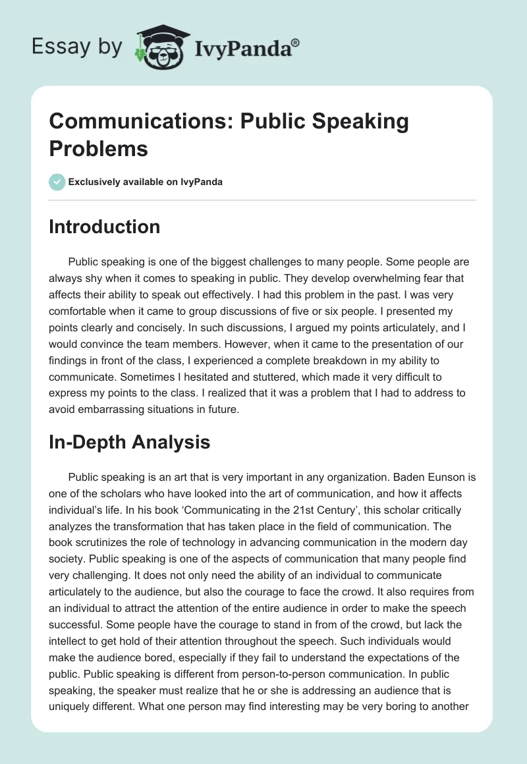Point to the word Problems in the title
(x=98, y=148)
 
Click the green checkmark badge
(x=57, y=182)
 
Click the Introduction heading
(x=104, y=227)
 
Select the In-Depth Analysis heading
(x=129, y=442)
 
